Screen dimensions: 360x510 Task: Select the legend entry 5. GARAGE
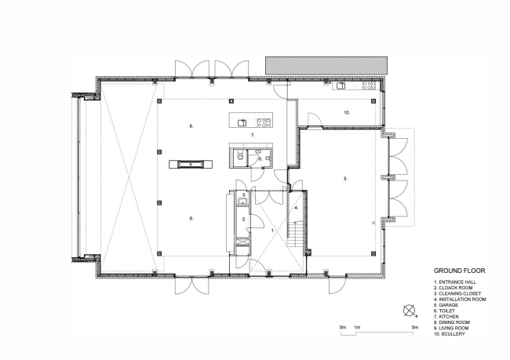click(x=444, y=299)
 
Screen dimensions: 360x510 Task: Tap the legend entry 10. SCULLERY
click(x=448, y=334)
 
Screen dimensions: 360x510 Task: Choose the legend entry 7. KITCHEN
click(x=445, y=313)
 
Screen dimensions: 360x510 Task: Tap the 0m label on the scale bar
click(x=342, y=326)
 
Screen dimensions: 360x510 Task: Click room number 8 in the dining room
click(x=191, y=125)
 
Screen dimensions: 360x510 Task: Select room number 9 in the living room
click(x=191, y=217)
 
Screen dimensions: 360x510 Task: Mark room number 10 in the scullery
click(x=345, y=113)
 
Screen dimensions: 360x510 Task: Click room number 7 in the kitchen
click(x=253, y=136)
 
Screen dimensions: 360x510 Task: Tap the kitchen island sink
click(x=242, y=122)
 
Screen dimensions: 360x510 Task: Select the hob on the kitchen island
click(x=264, y=122)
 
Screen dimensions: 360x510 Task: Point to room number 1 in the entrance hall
click(x=272, y=231)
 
